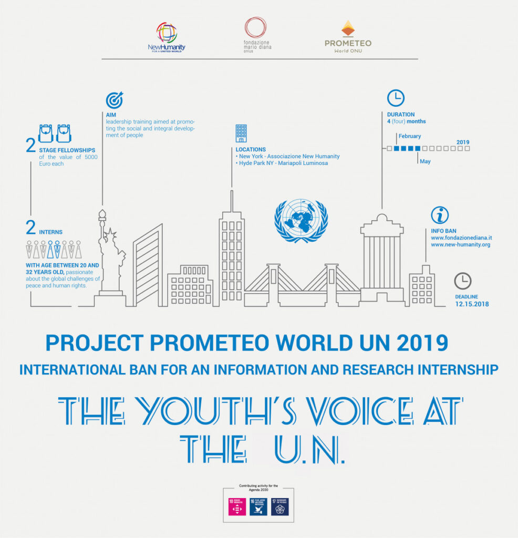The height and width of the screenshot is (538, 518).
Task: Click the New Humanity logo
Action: click(167, 36)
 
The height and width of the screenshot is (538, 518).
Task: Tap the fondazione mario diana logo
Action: click(256, 35)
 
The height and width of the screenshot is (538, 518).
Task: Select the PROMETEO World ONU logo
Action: click(348, 37)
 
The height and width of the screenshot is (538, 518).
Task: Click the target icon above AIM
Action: click(114, 100)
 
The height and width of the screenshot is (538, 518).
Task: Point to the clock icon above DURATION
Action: click(396, 98)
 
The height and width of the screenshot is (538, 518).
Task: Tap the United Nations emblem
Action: click(301, 220)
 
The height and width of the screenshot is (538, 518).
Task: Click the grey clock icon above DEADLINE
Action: click(462, 281)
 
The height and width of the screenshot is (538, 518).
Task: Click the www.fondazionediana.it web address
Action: click(461, 238)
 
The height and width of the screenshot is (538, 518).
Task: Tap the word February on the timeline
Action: click(409, 136)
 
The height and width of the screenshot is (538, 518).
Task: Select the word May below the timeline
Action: click(425, 161)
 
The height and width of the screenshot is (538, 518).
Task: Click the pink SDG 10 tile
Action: click(237, 507)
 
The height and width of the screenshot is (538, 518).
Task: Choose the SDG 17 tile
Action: click(279, 507)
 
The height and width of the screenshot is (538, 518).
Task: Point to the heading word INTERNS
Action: click(51, 232)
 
